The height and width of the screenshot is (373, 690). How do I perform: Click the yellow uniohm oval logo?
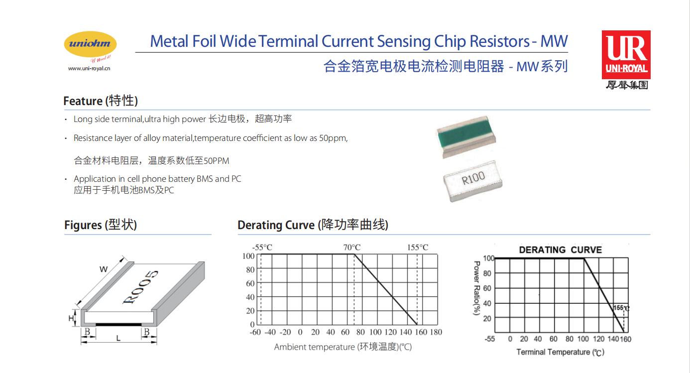click(90, 44)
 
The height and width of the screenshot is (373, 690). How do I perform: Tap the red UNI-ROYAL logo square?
click(626, 54)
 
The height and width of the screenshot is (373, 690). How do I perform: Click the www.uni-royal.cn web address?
click(89, 68)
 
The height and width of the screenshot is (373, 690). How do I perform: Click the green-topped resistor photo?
click(466, 136)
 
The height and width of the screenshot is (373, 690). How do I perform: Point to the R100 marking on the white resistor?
click(473, 178)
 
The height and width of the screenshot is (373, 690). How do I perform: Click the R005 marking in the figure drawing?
click(140, 287)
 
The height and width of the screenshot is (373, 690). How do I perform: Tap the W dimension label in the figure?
click(104, 269)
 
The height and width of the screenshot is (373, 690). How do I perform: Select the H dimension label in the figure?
click(71, 318)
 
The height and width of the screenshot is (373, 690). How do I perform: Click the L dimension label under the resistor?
click(118, 338)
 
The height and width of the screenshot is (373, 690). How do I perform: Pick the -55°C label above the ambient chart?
click(262, 248)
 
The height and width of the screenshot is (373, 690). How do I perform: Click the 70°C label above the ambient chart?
click(352, 248)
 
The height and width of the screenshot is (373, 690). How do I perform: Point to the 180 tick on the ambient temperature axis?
click(436, 332)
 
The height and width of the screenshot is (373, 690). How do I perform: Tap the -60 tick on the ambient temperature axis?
click(255, 332)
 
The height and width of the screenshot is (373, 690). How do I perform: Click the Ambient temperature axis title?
click(343, 347)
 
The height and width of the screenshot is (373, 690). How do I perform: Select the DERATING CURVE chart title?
click(561, 250)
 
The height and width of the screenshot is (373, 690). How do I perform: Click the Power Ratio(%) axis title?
click(476, 288)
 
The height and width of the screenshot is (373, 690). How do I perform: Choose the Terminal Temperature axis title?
click(561, 352)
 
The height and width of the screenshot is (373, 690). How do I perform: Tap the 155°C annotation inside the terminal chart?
click(621, 308)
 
